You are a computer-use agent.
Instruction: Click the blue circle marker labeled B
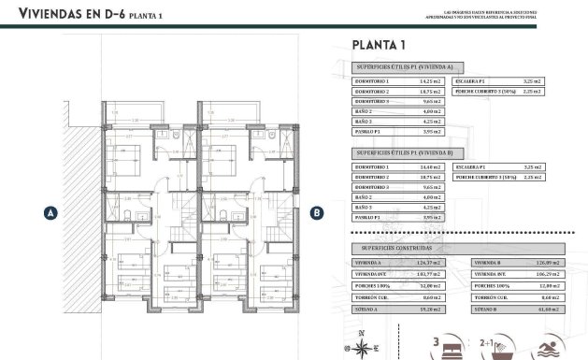point(317,212)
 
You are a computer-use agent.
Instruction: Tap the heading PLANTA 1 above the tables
point(379,43)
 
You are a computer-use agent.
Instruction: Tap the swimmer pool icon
point(557,346)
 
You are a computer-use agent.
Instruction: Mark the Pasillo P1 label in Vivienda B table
point(372,218)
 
